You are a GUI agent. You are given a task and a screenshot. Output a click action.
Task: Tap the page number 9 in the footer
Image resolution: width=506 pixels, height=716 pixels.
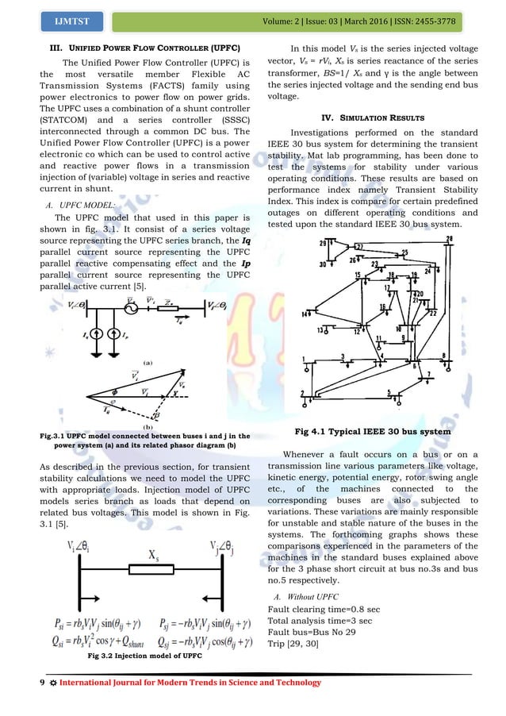(19, 683)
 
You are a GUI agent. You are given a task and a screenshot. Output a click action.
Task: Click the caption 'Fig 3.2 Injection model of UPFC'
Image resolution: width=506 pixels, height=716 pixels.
(143, 656)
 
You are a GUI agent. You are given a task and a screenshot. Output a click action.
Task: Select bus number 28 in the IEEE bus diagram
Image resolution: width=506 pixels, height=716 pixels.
(450, 239)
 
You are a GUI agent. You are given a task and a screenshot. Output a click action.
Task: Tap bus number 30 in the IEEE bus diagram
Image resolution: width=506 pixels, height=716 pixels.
(322, 264)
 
